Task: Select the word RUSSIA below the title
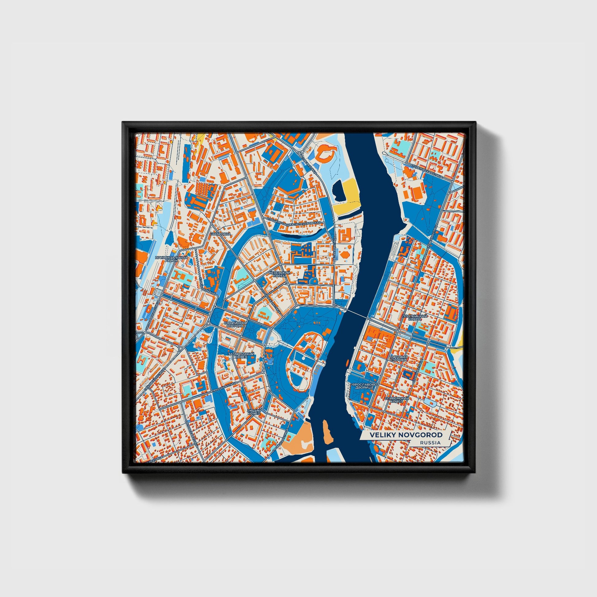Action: pos(430,442)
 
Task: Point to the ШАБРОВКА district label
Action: pos(220,234)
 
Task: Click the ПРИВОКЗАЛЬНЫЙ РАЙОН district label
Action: pos(171,259)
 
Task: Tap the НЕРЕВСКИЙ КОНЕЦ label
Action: pos(279,274)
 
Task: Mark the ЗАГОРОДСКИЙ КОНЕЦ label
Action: pos(241,355)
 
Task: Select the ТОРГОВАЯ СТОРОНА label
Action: pos(399,358)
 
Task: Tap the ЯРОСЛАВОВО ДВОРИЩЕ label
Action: pos(365,385)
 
